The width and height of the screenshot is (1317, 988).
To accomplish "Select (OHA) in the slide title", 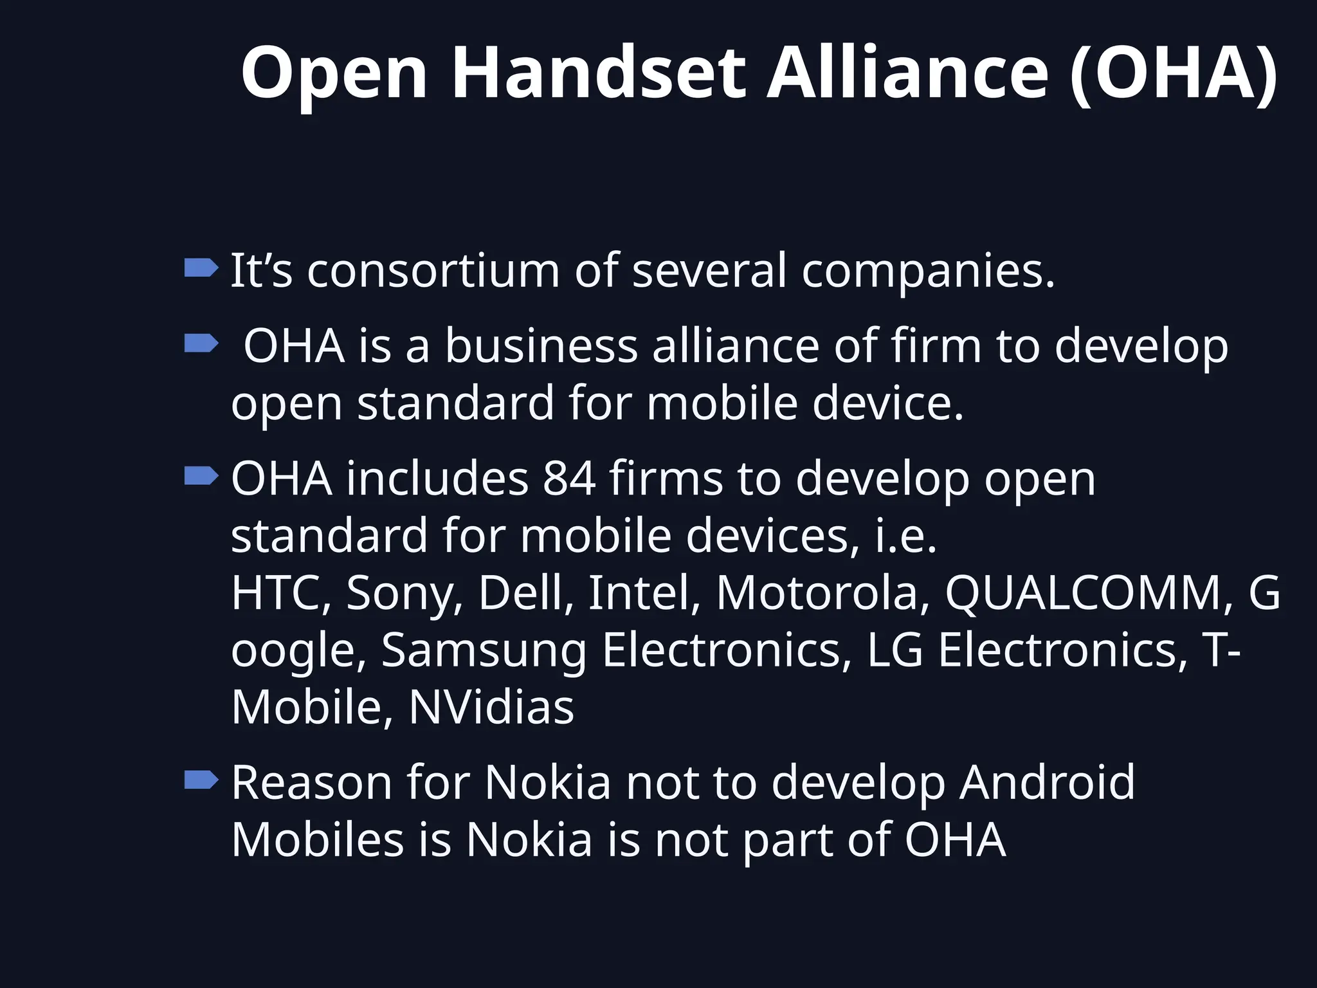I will [1174, 73].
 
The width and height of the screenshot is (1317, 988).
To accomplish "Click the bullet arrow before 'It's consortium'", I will [201, 268].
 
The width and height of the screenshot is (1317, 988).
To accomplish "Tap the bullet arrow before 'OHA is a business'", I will [201, 343].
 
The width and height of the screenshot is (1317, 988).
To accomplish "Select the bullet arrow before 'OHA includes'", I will [201, 476].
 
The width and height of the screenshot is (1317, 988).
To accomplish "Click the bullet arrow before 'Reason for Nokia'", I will [201, 780].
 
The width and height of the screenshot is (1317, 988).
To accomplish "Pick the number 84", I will [568, 479].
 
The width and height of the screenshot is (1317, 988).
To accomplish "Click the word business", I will [541, 346].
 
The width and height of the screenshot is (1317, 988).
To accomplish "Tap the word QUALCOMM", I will [1088, 592].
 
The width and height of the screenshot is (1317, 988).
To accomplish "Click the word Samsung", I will [484, 650].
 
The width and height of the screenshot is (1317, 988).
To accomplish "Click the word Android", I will [1047, 783].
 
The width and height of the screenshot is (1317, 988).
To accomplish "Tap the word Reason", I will [311, 783].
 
